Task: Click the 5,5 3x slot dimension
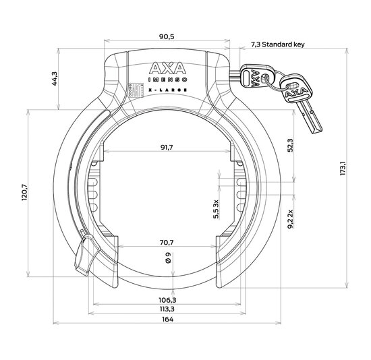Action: coord(216,210)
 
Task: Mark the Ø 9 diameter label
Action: coord(166,258)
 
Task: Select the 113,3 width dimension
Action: coord(166,309)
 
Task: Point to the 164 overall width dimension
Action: coord(166,320)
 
